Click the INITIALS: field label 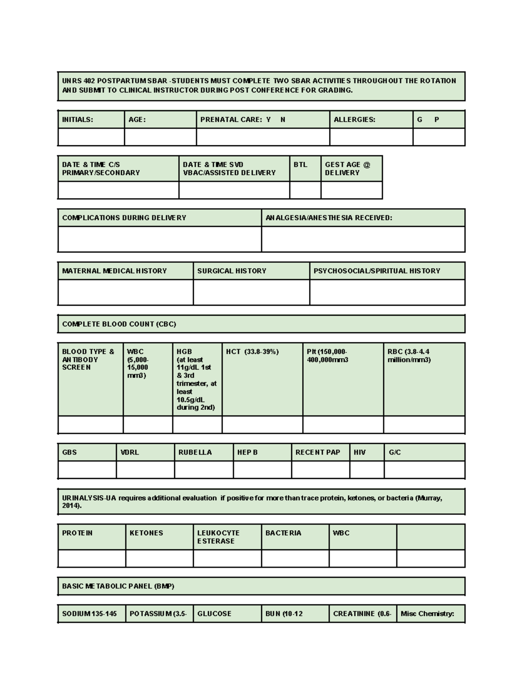pyautogui.click(x=78, y=120)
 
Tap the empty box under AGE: pyautogui.click(x=160, y=137)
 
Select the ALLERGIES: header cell pyautogui.click(x=354, y=120)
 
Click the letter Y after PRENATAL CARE pyautogui.click(x=268, y=120)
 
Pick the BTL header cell pyautogui.click(x=300, y=164)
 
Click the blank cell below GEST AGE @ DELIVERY pyautogui.click(x=351, y=190)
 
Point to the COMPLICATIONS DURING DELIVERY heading pyautogui.click(x=124, y=218)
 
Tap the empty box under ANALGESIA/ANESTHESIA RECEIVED pyautogui.click(x=363, y=239)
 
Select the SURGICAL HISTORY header pyautogui.click(x=231, y=271)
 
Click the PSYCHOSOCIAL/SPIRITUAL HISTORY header pyautogui.click(x=377, y=271)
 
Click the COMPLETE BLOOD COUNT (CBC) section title pyautogui.click(x=119, y=324)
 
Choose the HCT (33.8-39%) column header pyautogui.click(x=252, y=352)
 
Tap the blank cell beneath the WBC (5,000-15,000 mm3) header pyautogui.click(x=148, y=424)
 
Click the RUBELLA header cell pyautogui.click(x=195, y=452)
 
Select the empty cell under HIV pyautogui.click(x=367, y=470)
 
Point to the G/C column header pyautogui.click(x=395, y=452)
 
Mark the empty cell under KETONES pyautogui.click(x=159, y=559)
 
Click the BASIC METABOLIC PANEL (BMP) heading pyautogui.click(x=118, y=586)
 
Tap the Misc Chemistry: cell pyautogui.click(x=427, y=614)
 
